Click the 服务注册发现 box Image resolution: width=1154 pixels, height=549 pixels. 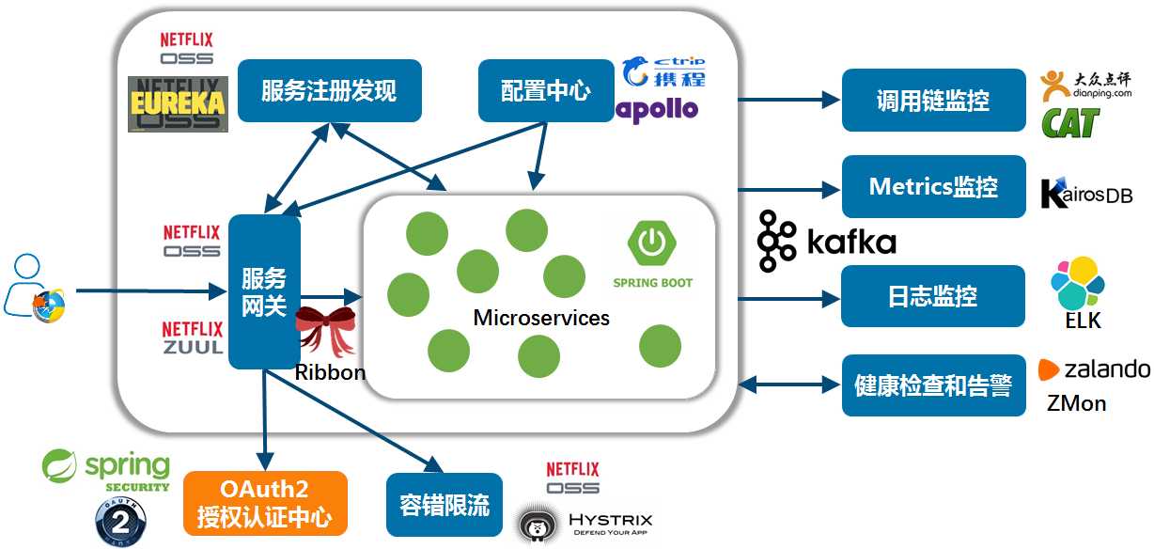329,91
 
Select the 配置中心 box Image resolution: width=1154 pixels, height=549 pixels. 546,91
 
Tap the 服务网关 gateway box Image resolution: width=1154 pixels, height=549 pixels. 264,292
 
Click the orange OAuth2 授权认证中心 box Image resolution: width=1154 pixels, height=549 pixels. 265,503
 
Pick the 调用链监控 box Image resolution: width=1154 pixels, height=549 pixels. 933,101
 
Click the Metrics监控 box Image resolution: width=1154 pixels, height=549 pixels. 933,187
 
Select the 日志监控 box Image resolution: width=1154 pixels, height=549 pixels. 933,296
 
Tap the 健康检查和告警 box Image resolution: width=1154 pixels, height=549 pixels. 933,385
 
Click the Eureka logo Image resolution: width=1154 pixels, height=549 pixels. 178,103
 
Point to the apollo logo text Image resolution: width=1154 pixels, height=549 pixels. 658,109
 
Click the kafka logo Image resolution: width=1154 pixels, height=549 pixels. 827,242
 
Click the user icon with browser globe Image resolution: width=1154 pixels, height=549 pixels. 35,288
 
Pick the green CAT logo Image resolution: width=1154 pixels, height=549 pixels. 1070,122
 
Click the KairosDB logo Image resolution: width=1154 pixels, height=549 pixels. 1086,193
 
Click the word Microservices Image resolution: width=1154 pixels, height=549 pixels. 541,318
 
